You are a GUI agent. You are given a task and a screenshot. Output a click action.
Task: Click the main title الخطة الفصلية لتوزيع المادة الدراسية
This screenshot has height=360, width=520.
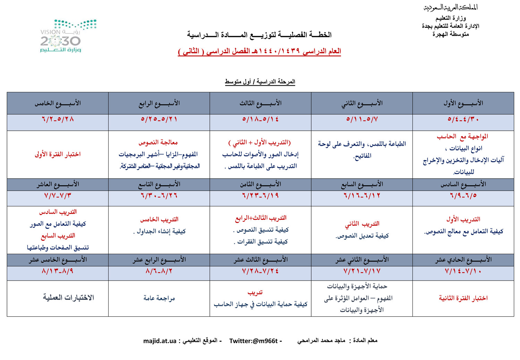[259, 35]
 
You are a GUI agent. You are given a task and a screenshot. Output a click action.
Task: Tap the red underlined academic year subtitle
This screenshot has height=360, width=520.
[259, 51]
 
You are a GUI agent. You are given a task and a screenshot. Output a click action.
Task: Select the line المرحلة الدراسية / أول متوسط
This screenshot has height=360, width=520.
[260, 82]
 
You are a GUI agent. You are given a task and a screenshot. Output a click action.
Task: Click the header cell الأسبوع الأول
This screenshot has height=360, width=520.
[463, 103]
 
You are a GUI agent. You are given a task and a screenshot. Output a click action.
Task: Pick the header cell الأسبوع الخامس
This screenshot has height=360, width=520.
[58, 103]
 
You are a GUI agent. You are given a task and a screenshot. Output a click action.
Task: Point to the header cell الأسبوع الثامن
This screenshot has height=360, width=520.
[260, 184]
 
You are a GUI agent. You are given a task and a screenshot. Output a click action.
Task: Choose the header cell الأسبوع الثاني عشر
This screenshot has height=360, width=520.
[362, 259]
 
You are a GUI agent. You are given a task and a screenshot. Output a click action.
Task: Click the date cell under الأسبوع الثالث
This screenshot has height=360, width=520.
[260, 119]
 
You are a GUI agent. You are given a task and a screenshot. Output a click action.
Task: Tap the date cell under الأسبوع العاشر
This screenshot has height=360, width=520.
[58, 196]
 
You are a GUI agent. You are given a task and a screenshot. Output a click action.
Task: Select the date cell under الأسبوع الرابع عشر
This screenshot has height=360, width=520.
[159, 271]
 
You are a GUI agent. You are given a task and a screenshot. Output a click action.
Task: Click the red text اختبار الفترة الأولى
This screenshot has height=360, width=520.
[58, 154]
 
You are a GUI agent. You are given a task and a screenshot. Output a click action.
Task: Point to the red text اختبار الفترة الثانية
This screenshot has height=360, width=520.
[463, 298]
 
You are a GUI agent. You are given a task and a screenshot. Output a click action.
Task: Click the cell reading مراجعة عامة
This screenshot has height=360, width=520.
[159, 298]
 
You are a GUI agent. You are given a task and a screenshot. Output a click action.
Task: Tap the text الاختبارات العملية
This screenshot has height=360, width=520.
[68, 297]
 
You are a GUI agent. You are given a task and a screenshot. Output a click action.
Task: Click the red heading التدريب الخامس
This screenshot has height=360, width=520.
[159, 219]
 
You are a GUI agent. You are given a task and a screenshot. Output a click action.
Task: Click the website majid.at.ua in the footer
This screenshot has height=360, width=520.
[160, 341]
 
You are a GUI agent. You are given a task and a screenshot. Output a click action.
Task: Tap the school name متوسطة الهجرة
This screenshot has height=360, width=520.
[451, 34]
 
